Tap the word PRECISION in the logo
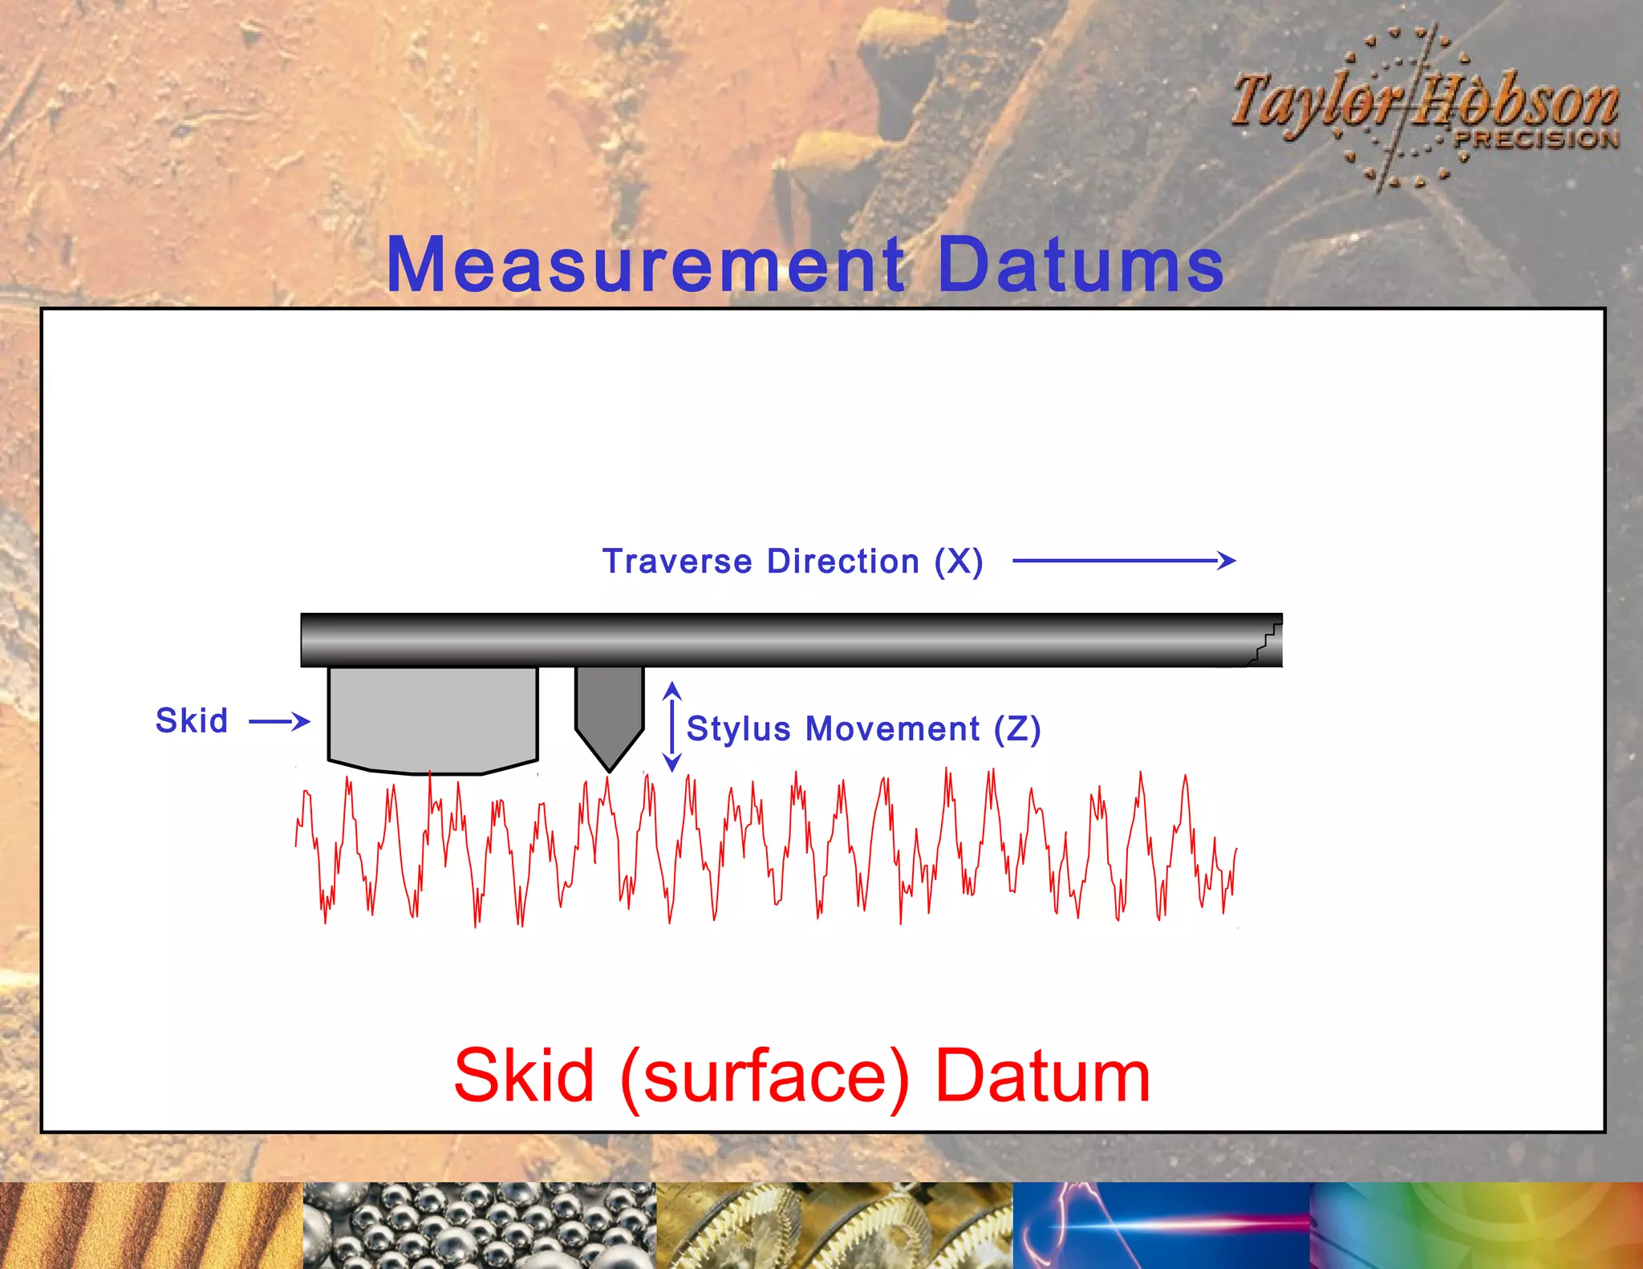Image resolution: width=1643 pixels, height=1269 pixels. pyautogui.click(x=1536, y=139)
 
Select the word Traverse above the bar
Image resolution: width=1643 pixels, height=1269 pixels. pyautogui.click(x=677, y=562)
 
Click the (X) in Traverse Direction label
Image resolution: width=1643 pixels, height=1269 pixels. pyautogui.click(x=959, y=562)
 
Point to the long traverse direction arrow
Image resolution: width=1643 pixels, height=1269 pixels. pyautogui.click(x=1123, y=561)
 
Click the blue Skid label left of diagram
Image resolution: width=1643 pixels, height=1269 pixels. pyautogui.click(x=192, y=720)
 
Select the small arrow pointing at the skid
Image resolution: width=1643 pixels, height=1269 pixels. pyautogui.click(x=279, y=721)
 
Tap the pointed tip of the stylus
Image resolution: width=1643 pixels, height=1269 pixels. pyautogui.click(x=609, y=768)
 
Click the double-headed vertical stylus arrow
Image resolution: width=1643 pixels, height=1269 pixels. pyautogui.click(x=672, y=727)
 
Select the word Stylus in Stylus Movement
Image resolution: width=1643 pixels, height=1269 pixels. pyautogui.click(x=739, y=729)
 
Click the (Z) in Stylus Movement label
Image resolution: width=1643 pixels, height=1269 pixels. pyautogui.click(x=1017, y=729)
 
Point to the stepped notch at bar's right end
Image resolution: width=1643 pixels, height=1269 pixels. pyautogui.click(x=1265, y=642)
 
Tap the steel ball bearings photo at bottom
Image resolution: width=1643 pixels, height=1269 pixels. pyautogui.click(x=479, y=1225)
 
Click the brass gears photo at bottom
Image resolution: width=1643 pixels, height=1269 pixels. pyautogui.click(x=834, y=1225)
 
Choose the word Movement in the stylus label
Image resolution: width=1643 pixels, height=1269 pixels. pyautogui.click(x=892, y=729)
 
